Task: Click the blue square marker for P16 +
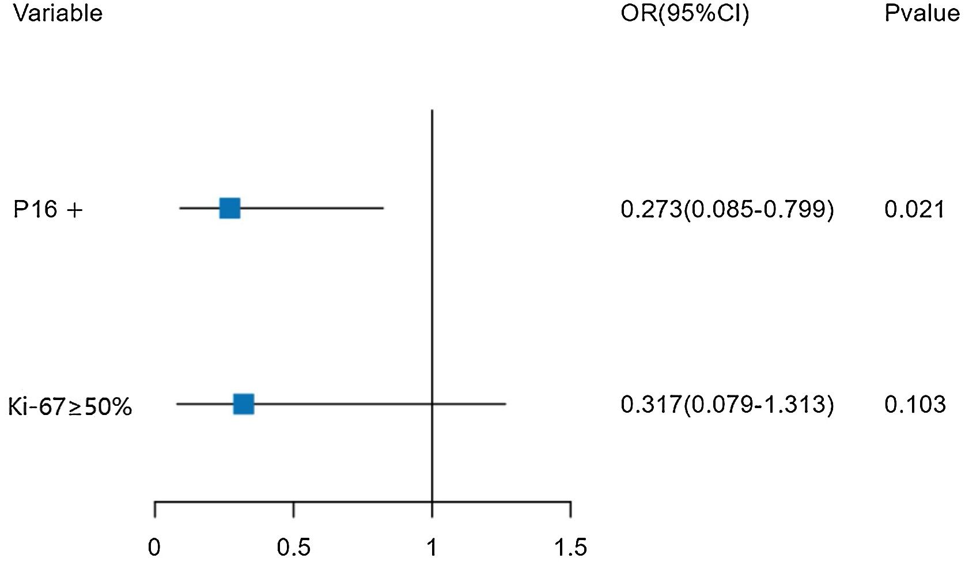(230, 208)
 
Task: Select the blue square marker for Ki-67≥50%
(244, 404)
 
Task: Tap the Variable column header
(58, 13)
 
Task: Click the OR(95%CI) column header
(684, 13)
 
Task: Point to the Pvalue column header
(921, 13)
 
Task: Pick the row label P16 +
(48, 210)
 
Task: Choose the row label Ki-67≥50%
(70, 406)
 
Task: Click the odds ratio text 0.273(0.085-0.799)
(727, 209)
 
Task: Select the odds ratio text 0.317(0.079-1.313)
(727, 405)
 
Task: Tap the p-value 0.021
(914, 209)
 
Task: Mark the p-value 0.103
(915, 405)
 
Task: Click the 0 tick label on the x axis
(154, 548)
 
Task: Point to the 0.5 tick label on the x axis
(293, 548)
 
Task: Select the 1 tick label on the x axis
(432, 548)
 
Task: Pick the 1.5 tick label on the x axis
(570, 548)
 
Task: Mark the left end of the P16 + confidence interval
(180, 208)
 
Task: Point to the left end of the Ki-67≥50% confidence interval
(177, 404)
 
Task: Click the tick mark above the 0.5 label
(293, 510)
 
